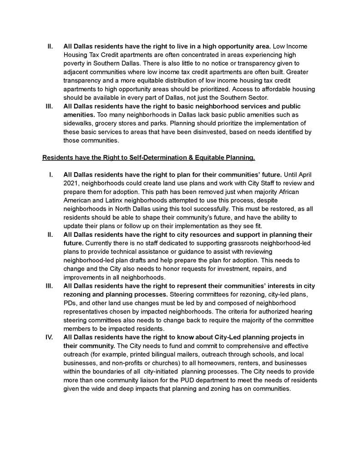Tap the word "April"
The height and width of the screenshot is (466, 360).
tap(302, 174)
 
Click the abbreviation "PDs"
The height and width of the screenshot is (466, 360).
tap(70, 303)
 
